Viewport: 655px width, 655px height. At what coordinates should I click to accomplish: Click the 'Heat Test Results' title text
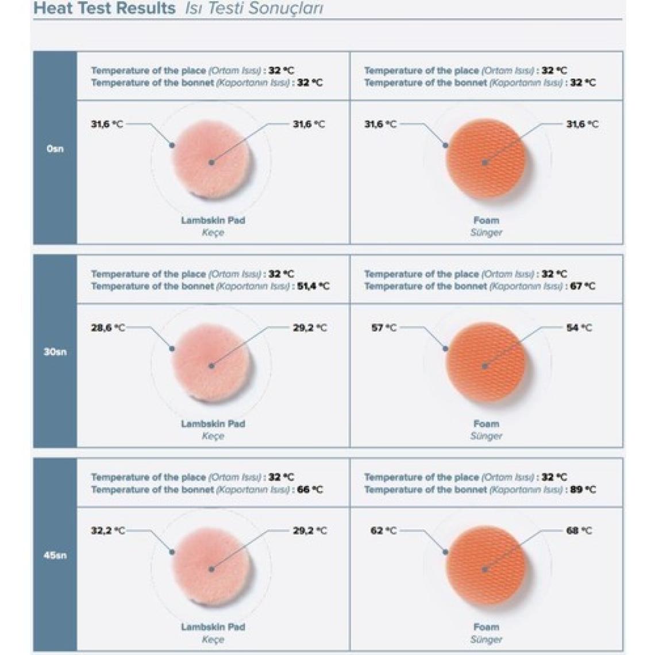click(104, 9)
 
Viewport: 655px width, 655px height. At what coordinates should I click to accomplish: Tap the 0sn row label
click(55, 149)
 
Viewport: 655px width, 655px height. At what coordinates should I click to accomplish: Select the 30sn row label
click(55, 352)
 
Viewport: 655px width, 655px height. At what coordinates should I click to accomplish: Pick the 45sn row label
click(55, 555)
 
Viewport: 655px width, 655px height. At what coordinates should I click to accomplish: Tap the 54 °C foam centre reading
click(579, 327)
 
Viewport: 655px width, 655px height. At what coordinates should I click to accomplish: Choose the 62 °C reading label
click(383, 530)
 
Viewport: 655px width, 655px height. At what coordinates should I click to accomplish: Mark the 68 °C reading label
click(579, 530)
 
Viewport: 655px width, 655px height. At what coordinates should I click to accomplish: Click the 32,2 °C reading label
click(107, 530)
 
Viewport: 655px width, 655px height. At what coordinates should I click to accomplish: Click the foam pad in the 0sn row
click(486, 159)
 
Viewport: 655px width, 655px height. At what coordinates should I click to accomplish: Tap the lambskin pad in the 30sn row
click(212, 362)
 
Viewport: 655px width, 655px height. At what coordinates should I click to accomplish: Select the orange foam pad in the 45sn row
click(486, 565)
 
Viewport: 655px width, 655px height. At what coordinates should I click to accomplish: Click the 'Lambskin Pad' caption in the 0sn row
click(213, 220)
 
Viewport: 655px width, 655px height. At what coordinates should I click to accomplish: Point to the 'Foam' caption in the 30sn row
click(486, 423)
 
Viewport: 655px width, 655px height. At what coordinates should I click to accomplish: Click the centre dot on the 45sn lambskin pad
click(211, 569)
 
